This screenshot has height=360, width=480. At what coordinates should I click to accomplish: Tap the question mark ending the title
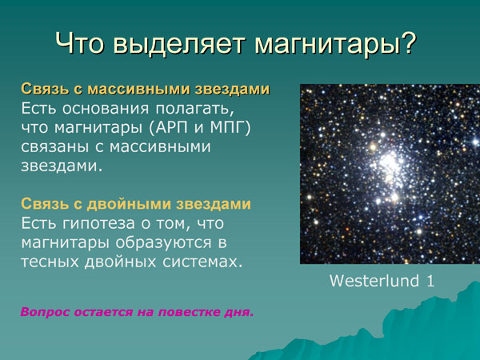pyautogui.click(x=408, y=42)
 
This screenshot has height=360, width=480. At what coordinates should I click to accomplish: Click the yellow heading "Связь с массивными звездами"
pyautogui.click(x=145, y=88)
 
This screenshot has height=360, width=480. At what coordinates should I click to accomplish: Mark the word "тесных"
pyautogui.click(x=49, y=262)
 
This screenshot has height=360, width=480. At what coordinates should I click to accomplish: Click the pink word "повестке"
pyautogui.click(x=192, y=312)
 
